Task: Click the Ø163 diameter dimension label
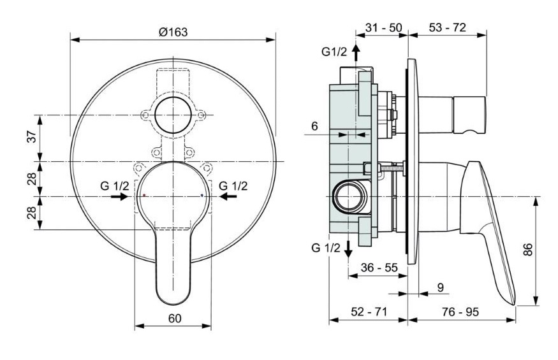click(173, 32)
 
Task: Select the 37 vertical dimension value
click(32, 136)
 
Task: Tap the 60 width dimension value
click(174, 319)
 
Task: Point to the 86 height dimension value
click(528, 249)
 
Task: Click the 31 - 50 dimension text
click(384, 27)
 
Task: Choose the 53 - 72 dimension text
click(447, 27)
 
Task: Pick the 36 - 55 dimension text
click(379, 267)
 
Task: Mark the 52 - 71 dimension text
click(369, 312)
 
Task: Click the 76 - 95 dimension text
click(460, 312)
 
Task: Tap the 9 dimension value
click(441, 287)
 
